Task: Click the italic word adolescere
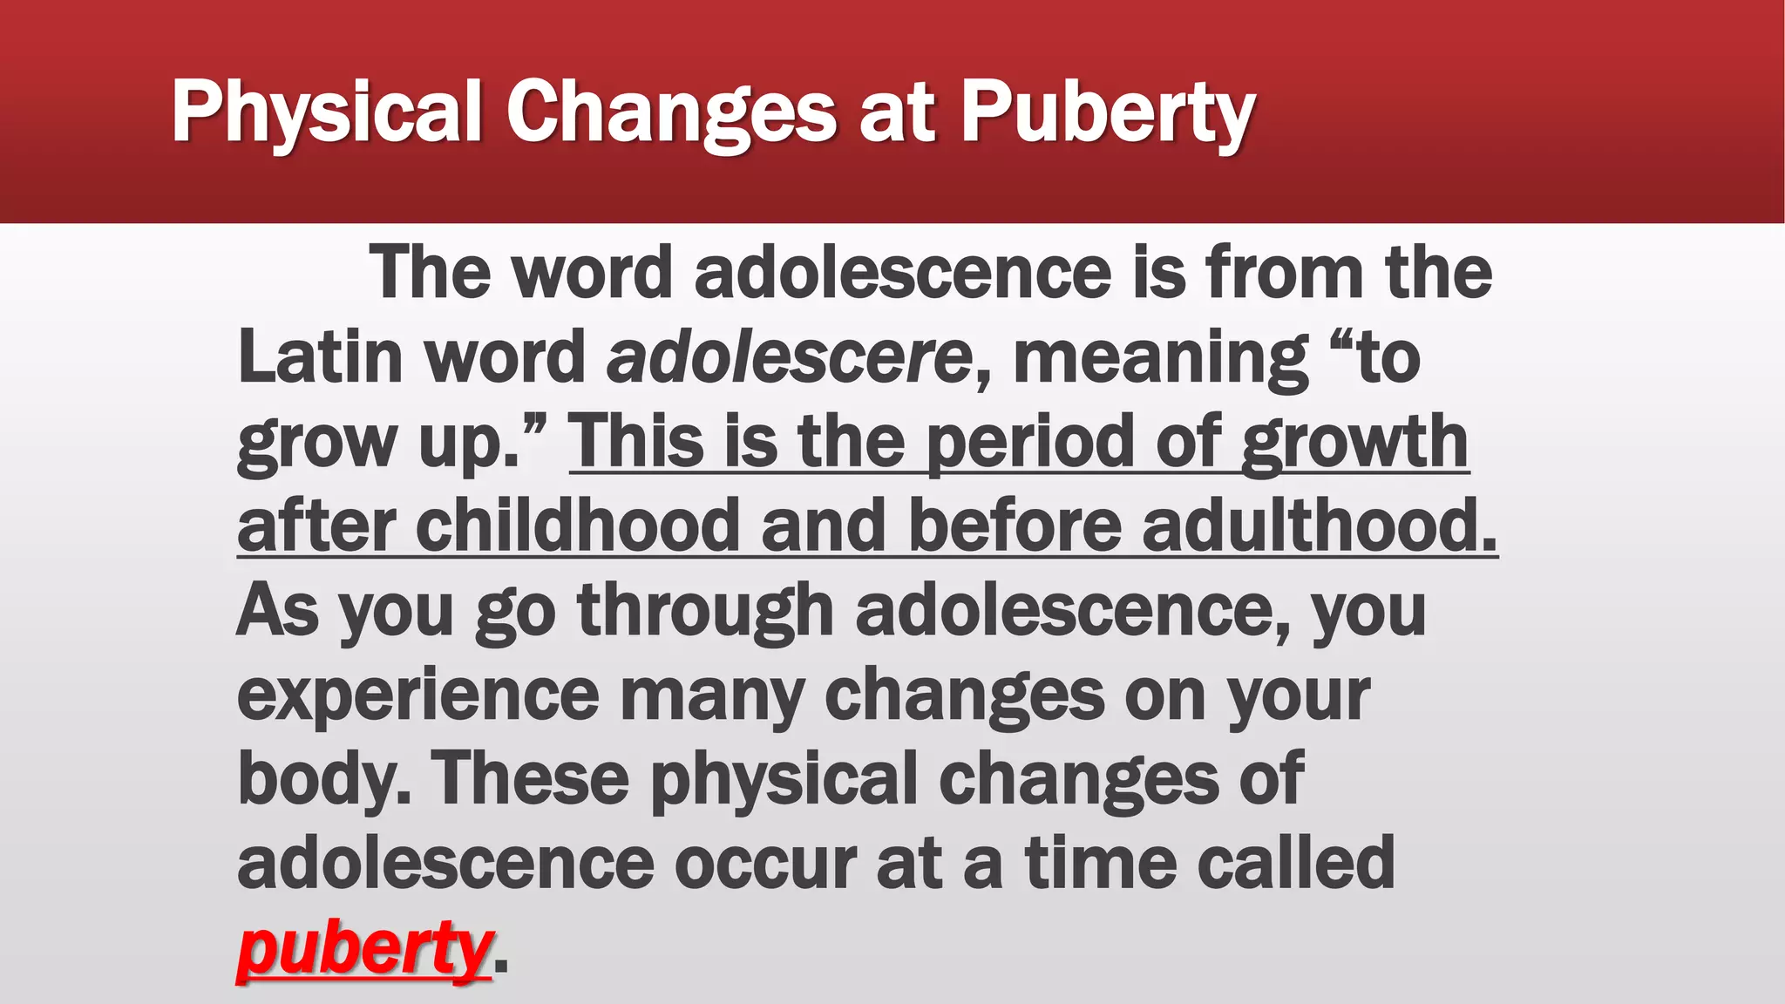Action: [x=790, y=357]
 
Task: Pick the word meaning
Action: [x=1160, y=357]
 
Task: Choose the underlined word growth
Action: [x=1355, y=442]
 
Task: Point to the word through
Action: [x=705, y=610]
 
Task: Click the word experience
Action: [x=418, y=695]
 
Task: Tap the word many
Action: [x=711, y=695]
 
